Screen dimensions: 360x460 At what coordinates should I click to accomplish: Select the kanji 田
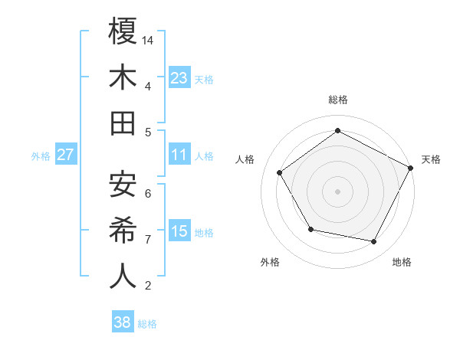pos(123,123)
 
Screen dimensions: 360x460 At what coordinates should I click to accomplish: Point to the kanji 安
pos(123,185)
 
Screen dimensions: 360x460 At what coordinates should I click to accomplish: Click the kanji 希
pos(123,231)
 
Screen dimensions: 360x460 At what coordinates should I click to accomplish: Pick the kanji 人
pos(123,277)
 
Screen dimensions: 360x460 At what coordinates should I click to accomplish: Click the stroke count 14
pos(149,40)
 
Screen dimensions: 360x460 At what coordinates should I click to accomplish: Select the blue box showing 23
pos(179,77)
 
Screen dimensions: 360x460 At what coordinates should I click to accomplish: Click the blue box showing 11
pos(179,155)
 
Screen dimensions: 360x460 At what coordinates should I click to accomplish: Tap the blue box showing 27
pos(66,155)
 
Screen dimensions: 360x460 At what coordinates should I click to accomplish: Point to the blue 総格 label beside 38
pos(148,324)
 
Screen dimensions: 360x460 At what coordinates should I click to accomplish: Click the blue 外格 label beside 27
pos(41,156)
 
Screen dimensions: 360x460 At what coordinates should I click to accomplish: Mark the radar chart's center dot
pos(337,191)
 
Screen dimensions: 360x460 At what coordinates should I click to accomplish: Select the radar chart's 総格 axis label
pos(337,100)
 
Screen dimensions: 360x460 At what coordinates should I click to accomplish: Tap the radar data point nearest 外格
pos(310,229)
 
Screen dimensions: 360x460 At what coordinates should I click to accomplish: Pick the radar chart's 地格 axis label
pos(402,262)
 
